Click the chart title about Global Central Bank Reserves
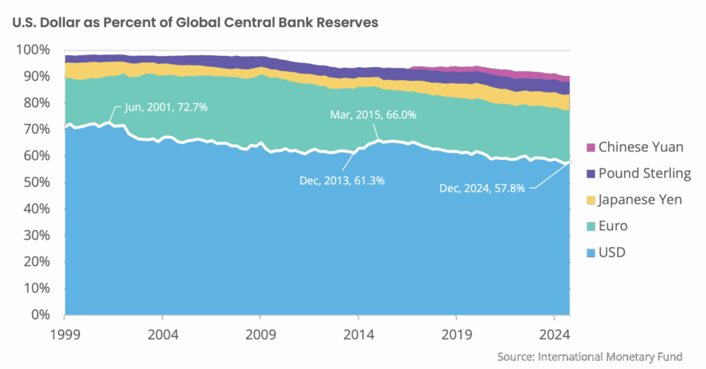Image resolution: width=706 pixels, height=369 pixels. point(195,22)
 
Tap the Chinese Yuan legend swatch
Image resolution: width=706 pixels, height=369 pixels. point(591,147)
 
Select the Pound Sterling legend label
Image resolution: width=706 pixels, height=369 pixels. point(645,173)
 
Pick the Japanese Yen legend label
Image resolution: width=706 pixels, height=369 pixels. point(641,200)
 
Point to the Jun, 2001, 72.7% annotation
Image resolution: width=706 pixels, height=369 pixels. point(166,108)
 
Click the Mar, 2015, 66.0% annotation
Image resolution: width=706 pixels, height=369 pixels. point(373,115)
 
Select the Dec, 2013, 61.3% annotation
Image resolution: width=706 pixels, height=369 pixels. point(342,181)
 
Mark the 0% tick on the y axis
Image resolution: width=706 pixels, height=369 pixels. point(39,315)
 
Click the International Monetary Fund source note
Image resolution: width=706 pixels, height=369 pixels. point(590,357)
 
